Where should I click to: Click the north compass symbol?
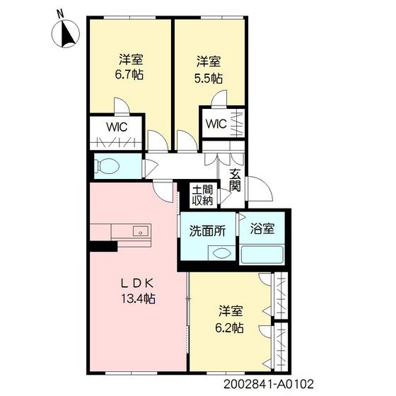point(65,33)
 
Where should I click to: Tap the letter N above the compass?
point(60,14)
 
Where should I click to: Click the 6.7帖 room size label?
point(129,75)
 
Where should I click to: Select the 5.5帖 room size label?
point(209,78)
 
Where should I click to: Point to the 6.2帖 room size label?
point(229,328)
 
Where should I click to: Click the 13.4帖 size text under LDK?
point(138,298)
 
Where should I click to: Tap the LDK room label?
point(137,284)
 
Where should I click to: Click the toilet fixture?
point(107,166)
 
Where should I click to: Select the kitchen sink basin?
point(141,231)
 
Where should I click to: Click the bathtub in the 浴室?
point(262,255)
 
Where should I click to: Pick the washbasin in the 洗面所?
point(221,253)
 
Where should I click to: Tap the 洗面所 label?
point(207,231)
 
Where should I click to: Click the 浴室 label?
point(262,228)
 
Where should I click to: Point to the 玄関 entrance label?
point(235,180)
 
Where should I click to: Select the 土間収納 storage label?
point(202,195)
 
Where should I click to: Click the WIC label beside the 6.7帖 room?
point(117,127)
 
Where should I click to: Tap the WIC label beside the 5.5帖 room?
point(216,124)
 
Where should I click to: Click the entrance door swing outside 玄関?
point(260,189)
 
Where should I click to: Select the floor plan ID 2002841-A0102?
point(269,384)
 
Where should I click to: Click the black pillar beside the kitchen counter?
point(103,246)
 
